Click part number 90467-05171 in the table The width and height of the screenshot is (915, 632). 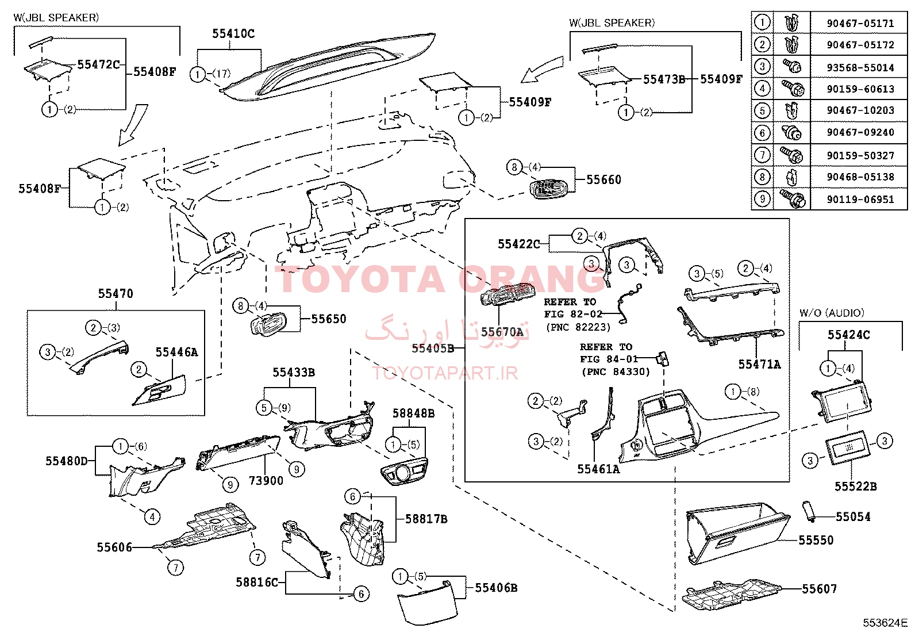860,24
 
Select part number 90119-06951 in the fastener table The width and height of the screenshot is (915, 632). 860,200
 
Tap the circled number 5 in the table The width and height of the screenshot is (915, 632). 762,110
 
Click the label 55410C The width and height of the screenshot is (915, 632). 233,33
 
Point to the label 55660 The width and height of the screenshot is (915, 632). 603,179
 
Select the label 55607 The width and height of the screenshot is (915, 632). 819,589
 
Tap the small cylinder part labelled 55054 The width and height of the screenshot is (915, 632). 809,511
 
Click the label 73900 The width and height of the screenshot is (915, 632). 266,481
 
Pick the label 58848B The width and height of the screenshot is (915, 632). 413,413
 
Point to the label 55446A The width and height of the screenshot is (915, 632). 176,352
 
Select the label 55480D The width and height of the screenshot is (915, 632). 67,461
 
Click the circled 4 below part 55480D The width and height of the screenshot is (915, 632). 152,517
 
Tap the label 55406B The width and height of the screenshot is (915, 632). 497,588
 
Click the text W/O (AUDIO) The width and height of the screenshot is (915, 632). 832,313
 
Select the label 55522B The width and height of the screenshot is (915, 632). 856,487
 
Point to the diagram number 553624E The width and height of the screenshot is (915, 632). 885,623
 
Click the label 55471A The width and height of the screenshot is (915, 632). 759,364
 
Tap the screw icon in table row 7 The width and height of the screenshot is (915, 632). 791,155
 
